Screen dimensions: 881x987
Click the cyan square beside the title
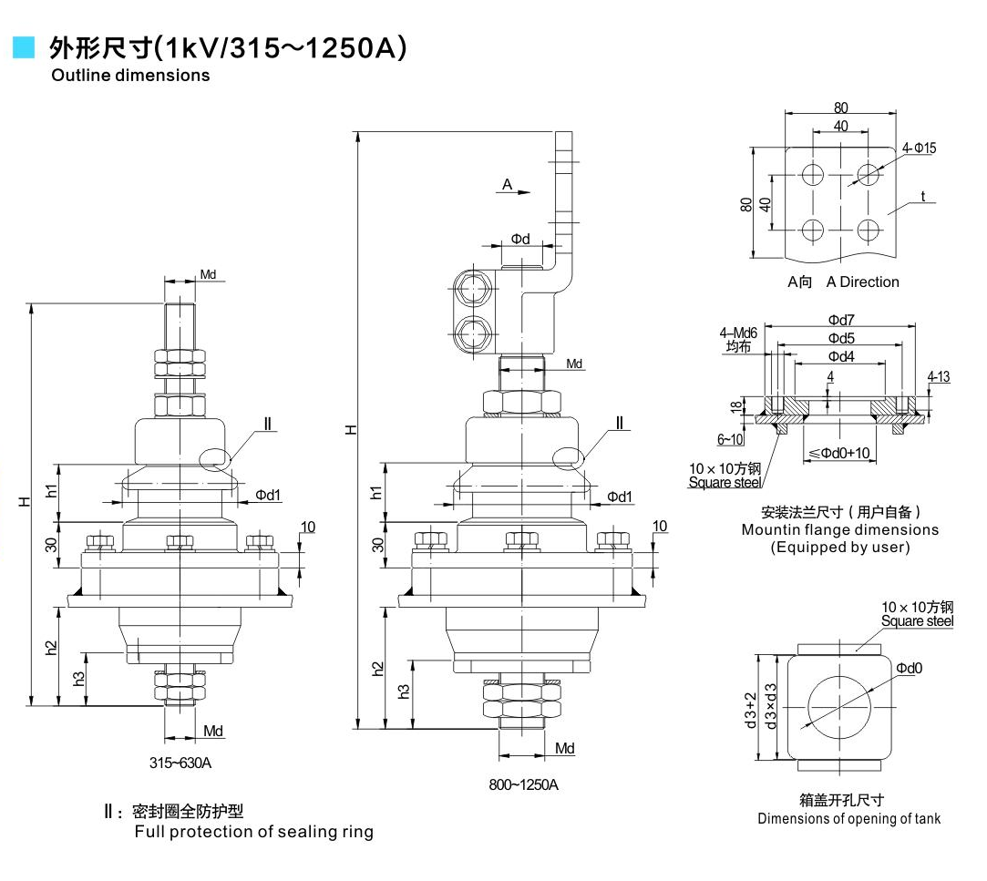23,47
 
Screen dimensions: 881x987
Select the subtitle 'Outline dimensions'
130,76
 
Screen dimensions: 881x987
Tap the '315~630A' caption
180,763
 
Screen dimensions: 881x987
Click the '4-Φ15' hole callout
920,148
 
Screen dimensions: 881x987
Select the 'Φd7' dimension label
840,320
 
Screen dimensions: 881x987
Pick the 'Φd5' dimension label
840,338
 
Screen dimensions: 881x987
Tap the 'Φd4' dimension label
840,356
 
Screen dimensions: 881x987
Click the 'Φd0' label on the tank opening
909,669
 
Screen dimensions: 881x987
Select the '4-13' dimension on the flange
938,376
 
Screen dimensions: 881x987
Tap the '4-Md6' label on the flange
737,333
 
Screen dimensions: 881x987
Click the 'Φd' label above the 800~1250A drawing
519,239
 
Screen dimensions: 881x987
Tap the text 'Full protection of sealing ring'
253,832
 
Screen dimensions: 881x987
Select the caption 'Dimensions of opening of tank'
848,818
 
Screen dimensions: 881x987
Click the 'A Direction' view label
862,282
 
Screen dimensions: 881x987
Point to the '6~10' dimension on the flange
730,440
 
